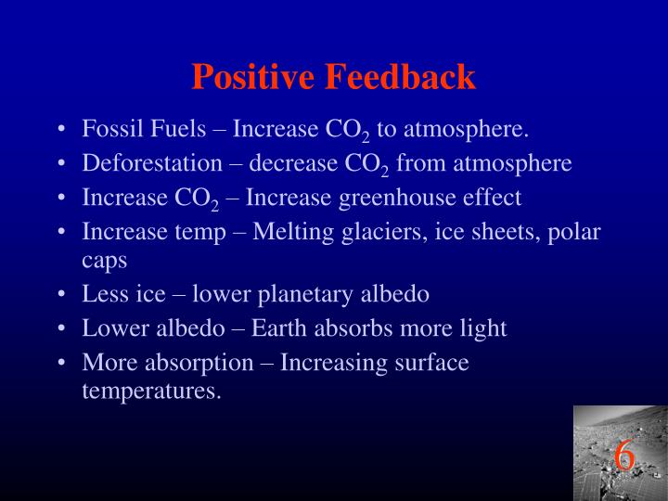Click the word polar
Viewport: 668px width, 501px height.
(578, 232)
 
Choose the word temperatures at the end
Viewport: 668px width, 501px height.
(151, 390)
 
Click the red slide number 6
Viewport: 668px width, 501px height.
(623, 456)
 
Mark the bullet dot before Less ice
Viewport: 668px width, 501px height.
(60, 296)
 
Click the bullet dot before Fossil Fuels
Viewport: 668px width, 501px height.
(60, 129)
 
